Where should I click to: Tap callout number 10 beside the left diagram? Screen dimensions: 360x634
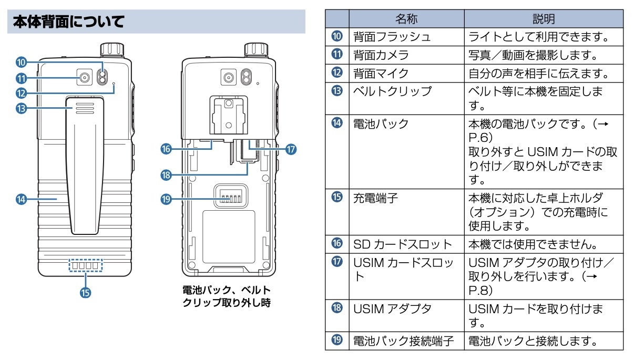pos(21,63)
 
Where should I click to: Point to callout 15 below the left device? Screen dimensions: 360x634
pos(84,292)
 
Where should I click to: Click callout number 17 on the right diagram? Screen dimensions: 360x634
pos(291,149)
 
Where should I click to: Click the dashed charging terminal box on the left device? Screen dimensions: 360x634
pos(85,266)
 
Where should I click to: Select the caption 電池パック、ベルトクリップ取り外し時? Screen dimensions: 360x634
pos(227,296)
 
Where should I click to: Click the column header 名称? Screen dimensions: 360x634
pos(406,19)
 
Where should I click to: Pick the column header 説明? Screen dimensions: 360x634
pos(544,19)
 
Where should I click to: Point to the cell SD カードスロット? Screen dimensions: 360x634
pos(402,244)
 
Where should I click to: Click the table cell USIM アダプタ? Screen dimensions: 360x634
pos(392,308)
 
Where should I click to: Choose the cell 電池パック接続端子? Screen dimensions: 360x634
pos(403,341)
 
